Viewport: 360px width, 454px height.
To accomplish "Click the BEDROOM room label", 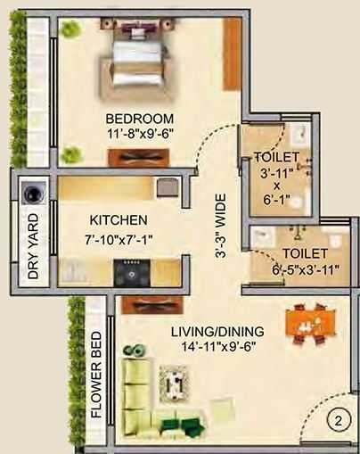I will click(x=140, y=119).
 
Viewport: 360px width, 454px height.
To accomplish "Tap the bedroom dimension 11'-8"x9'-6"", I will click(x=140, y=134).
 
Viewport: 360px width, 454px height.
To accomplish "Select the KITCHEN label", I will click(x=118, y=219).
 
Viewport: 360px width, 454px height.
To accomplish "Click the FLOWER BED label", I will click(x=96, y=375).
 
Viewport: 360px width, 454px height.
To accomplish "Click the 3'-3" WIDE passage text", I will click(x=219, y=226).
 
